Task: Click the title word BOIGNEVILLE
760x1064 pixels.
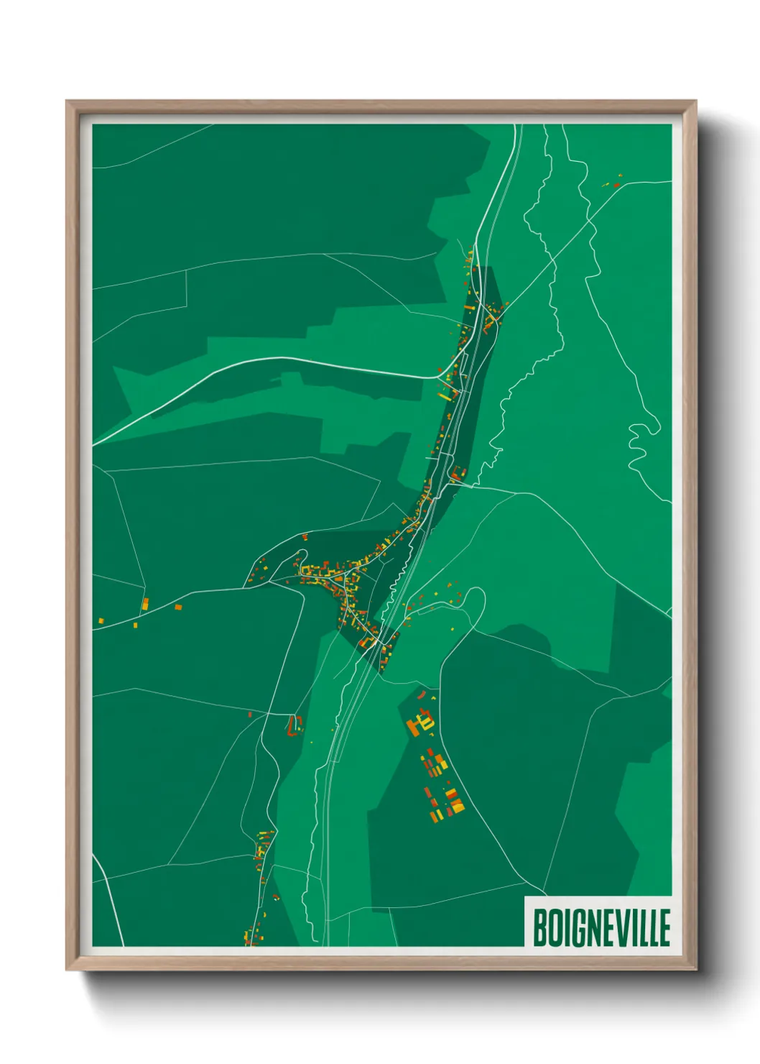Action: (601, 927)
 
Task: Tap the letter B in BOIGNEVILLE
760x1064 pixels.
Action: (539, 927)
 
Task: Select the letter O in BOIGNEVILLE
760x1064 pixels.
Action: (554, 927)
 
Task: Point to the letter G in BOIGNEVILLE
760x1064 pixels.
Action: (577, 927)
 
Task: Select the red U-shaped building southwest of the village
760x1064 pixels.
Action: (293, 725)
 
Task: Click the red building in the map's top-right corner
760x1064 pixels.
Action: (616, 184)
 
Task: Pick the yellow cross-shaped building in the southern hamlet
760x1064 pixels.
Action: (261, 853)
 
